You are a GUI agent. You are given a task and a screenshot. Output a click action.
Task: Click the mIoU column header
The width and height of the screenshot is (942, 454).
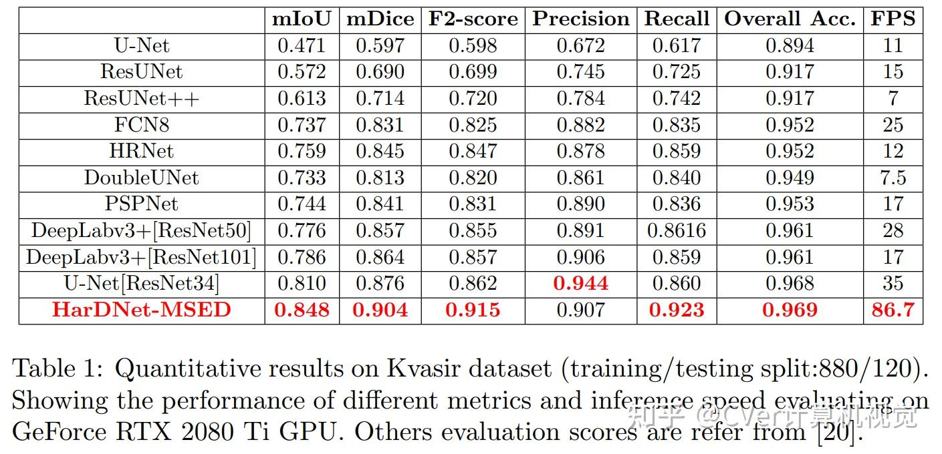pos(302,19)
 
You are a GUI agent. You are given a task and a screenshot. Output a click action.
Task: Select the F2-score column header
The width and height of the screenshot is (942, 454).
pos(473,19)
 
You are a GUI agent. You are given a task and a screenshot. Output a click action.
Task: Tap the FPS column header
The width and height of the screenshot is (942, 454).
pos(893,19)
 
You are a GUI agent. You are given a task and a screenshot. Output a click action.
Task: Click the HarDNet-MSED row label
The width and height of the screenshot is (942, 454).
pos(141,310)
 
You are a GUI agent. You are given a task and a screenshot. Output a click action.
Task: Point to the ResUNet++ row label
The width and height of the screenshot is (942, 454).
pos(141,98)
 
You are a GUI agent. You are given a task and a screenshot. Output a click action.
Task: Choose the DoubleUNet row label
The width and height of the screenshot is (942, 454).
pos(141,178)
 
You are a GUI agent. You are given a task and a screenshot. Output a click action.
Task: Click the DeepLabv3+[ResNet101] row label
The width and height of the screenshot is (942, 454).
pos(141,257)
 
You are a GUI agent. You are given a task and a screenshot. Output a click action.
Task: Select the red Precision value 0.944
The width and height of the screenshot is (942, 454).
pos(580,283)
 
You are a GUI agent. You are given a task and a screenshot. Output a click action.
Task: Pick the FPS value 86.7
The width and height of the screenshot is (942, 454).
pos(893,310)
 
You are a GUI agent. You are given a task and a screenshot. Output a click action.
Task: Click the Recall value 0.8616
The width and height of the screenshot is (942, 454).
pos(677,230)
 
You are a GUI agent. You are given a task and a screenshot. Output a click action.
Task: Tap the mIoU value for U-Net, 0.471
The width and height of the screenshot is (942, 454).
pos(302,45)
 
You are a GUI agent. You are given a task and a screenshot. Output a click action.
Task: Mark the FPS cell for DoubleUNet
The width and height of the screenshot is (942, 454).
pos(893,178)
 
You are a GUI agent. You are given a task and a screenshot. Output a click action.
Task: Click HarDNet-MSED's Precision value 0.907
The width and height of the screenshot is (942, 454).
pos(580,310)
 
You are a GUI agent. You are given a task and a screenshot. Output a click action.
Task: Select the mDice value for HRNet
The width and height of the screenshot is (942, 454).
pos(380,151)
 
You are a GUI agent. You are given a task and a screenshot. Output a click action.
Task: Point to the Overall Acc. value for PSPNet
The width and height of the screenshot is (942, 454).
pos(790,204)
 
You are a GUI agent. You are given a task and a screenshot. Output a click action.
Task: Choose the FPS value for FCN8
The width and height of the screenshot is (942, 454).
pos(893,125)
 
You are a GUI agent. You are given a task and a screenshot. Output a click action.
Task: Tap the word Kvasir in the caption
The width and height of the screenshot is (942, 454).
pos(417,369)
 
